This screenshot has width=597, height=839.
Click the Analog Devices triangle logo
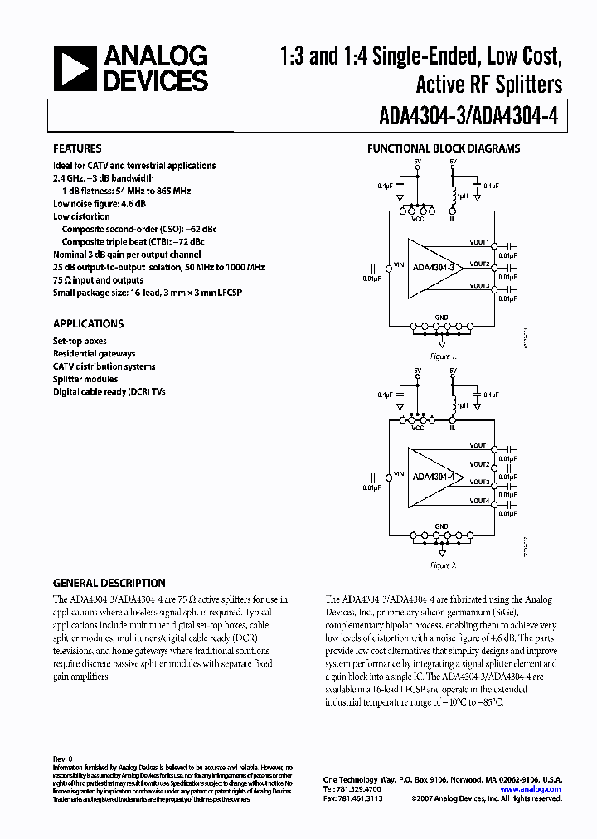(75, 69)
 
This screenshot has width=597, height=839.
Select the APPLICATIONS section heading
(89, 323)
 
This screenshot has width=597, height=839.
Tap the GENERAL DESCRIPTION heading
(109, 583)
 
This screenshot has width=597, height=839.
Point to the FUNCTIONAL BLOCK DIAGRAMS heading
(444, 149)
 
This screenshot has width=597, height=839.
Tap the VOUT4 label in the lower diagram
(478, 501)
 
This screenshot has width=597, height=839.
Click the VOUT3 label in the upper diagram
(478, 285)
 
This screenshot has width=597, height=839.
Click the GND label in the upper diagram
(441, 317)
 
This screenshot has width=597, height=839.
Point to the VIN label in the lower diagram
(398, 473)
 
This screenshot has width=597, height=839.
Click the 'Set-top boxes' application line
(80, 341)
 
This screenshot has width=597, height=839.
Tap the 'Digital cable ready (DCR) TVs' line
(109, 391)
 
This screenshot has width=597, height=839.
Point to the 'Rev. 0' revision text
(63, 759)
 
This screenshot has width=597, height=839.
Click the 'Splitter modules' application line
(85, 379)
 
